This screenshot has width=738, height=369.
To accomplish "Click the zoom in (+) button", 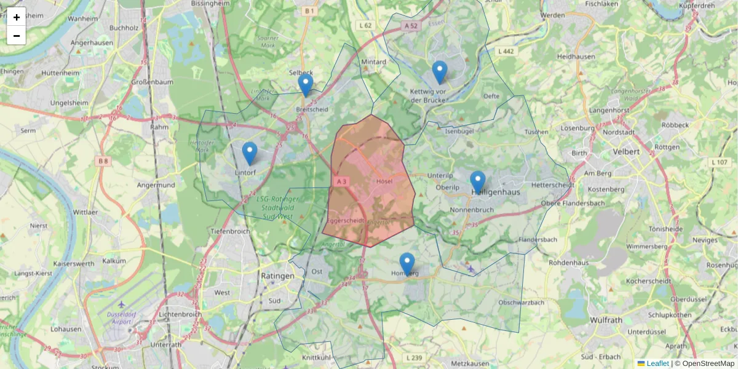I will (17, 17).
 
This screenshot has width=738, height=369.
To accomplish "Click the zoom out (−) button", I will (17, 36).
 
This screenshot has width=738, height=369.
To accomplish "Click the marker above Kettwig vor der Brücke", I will (439, 72).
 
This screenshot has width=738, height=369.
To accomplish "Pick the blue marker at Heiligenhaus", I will (478, 182).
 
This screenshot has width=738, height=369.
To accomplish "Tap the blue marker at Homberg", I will (407, 264).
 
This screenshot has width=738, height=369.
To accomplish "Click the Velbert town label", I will (627, 151).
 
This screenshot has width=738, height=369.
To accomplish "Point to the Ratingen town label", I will (277, 276).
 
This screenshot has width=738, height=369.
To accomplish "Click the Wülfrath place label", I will (606, 320).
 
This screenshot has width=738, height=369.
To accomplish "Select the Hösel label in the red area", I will (383, 181).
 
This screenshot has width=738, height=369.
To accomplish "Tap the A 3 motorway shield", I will (341, 181).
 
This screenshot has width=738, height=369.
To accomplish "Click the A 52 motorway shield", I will (411, 26).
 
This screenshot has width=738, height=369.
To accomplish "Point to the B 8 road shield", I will (102, 161).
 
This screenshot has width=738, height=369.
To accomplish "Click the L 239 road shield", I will (415, 358).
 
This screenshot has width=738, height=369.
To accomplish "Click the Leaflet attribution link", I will (657, 363).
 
